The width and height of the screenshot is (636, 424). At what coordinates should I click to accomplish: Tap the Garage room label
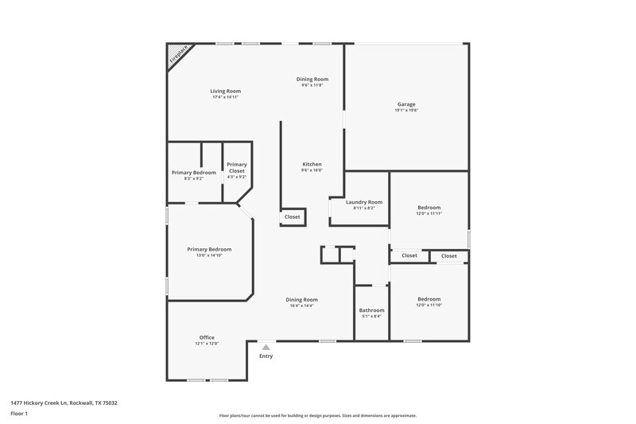pyautogui.click(x=406, y=104)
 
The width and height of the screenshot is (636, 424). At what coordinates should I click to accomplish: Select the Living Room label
pyautogui.click(x=226, y=91)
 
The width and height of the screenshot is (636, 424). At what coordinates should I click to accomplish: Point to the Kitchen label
pyautogui.click(x=312, y=164)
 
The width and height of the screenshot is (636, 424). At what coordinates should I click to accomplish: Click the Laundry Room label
pyautogui.click(x=364, y=202)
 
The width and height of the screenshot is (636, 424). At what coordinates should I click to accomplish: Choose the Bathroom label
pyautogui.click(x=371, y=310)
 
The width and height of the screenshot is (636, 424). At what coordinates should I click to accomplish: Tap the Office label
pyautogui.click(x=207, y=337)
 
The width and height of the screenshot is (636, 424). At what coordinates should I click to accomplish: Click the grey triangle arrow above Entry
pyautogui.click(x=266, y=347)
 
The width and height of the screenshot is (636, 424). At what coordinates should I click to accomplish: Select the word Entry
pyautogui.click(x=266, y=356)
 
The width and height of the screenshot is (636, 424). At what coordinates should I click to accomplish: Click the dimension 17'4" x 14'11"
pyautogui.click(x=226, y=97)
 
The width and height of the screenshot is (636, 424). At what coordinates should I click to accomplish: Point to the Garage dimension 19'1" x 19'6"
pyautogui.click(x=406, y=111)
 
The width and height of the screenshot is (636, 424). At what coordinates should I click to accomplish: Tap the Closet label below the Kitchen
pyautogui.click(x=293, y=216)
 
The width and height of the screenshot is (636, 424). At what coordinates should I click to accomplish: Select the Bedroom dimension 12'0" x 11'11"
pyautogui.click(x=429, y=213)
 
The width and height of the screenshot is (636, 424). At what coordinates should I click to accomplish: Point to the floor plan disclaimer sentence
pyautogui.click(x=317, y=415)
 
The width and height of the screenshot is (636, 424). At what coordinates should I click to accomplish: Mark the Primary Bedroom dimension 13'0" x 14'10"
pyautogui.click(x=209, y=255)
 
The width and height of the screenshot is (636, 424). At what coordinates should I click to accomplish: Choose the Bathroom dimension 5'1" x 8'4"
pyautogui.click(x=371, y=317)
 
